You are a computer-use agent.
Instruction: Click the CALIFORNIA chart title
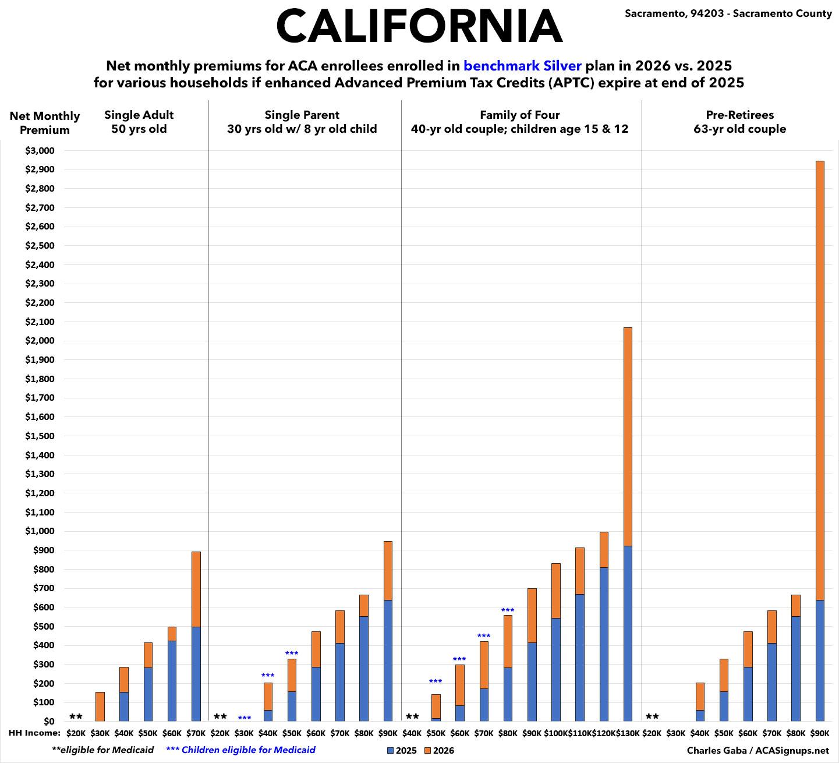pos(419,26)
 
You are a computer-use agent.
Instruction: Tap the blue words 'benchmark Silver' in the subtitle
pos(522,65)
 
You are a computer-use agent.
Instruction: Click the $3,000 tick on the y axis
pos(40,151)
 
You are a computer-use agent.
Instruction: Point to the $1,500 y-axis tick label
pos(40,436)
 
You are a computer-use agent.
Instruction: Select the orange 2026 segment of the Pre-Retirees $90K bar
pos(820,379)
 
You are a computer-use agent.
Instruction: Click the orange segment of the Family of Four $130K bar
pos(628,437)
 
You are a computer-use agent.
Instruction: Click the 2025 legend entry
pos(402,751)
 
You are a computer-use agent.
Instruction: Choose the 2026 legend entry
pos(440,751)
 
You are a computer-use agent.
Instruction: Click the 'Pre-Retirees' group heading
pos(739,115)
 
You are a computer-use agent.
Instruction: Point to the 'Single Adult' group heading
pos(139,115)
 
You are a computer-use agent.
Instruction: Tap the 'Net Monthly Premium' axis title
pos(45,123)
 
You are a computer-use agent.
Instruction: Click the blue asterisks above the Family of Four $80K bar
pos(508,610)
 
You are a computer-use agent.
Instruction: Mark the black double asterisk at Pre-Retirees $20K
pos(652,717)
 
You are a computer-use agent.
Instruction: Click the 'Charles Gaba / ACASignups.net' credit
pos(757,750)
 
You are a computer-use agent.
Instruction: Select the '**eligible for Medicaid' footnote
pos(103,750)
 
